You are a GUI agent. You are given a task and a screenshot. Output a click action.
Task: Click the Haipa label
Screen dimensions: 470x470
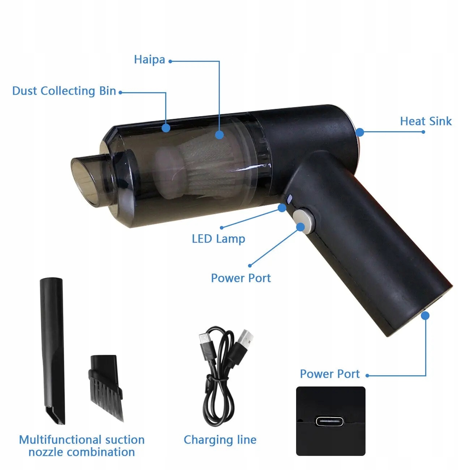point(149,60)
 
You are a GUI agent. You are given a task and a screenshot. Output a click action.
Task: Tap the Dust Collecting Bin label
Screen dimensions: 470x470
point(64,91)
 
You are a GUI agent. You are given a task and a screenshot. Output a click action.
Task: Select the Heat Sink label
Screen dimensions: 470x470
point(426,121)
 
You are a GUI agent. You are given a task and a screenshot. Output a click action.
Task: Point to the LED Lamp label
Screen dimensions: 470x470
point(218,239)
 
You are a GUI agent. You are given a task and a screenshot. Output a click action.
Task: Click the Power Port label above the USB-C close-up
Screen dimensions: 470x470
point(330,374)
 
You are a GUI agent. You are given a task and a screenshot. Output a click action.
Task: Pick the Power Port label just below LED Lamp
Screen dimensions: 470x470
point(241,278)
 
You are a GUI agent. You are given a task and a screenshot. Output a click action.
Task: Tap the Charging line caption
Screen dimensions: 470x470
point(220,440)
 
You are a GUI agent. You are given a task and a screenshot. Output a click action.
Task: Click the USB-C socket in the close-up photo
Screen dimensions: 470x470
point(330,422)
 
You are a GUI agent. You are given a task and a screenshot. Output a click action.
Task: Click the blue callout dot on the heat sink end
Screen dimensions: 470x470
point(360,132)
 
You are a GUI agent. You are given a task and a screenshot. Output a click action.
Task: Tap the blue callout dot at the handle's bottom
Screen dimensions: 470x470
point(425,315)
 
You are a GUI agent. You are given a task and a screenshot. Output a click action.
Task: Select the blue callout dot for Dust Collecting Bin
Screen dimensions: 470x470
point(166,128)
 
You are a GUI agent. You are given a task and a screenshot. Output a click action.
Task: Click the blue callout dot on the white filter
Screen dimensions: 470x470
point(219,135)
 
